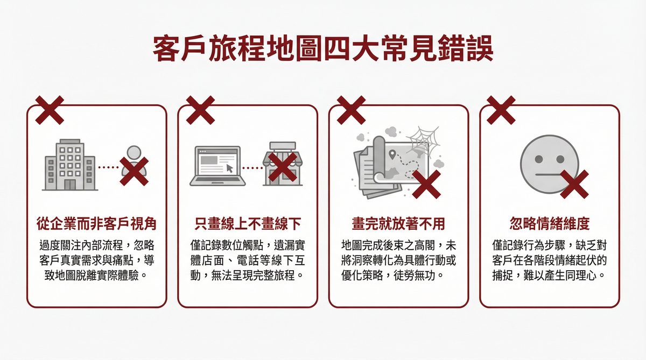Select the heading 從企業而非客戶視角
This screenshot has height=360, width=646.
(97, 223)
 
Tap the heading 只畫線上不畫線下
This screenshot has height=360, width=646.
(248, 223)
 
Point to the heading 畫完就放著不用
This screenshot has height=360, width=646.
(398, 223)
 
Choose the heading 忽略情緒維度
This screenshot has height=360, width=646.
(549, 223)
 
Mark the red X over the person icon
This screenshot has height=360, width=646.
(134, 172)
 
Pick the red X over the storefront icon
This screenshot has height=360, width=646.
(283, 167)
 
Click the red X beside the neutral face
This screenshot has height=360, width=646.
(574, 184)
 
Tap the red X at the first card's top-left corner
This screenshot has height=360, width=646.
(50, 110)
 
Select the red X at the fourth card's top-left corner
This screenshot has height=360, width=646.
(501, 110)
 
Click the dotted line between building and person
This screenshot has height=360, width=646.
(109, 167)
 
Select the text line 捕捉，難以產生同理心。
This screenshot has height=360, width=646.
(549, 277)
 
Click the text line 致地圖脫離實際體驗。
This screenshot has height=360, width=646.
(97, 277)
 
